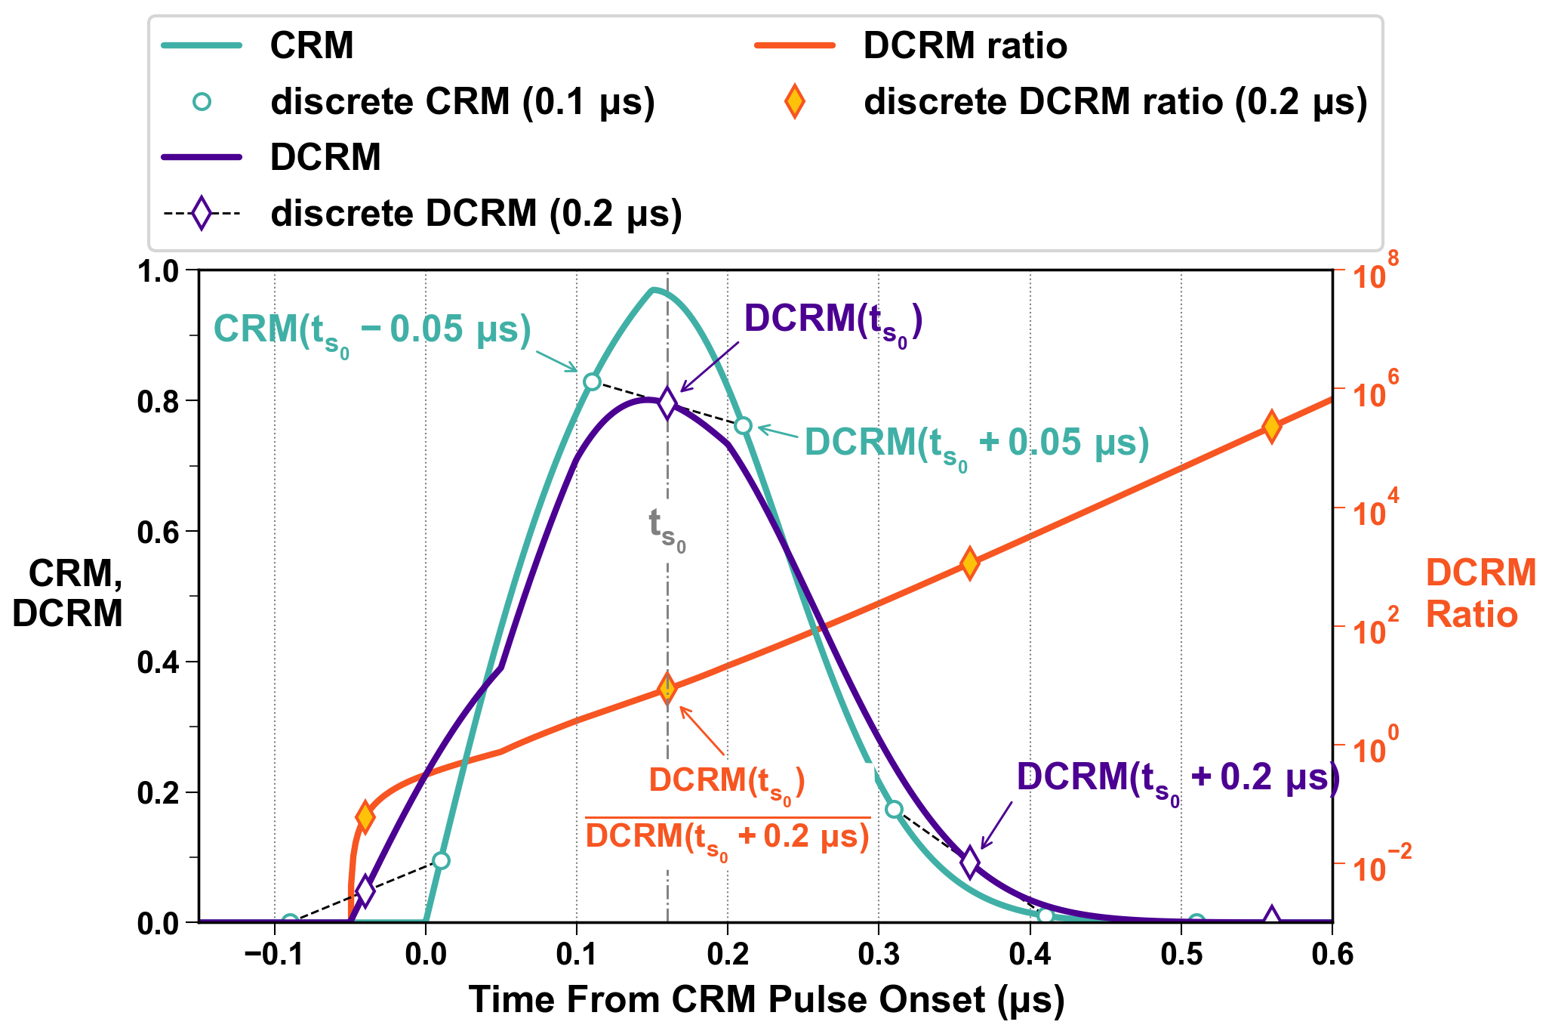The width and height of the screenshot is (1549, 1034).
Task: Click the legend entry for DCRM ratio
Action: (x=965, y=46)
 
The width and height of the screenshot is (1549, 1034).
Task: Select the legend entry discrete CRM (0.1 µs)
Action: (x=462, y=102)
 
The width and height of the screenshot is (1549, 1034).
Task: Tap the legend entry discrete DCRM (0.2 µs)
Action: (x=476, y=214)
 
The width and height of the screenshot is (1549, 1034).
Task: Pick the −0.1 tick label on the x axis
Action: (x=274, y=955)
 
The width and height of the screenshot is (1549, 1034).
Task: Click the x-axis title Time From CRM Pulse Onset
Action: (x=766, y=1000)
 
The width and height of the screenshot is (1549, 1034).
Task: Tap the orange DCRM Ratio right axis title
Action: (x=1480, y=594)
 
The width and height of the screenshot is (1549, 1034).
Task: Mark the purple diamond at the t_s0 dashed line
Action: (x=667, y=403)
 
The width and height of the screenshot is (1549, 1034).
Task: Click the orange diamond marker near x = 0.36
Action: (x=970, y=563)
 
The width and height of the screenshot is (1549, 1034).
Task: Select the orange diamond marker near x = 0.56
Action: (x=1272, y=427)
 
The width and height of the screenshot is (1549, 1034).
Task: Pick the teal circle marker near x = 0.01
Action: (x=442, y=860)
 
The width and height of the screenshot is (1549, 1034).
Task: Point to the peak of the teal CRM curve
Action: (x=654, y=290)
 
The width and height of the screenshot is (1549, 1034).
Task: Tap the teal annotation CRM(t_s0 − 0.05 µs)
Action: (x=373, y=331)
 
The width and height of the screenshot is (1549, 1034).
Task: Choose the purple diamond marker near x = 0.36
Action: (x=970, y=862)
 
